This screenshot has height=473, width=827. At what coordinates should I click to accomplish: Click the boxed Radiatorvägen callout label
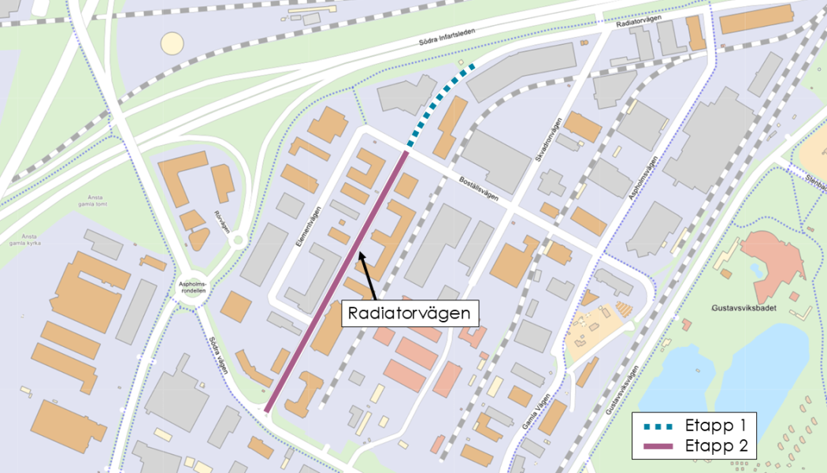coord(411,314)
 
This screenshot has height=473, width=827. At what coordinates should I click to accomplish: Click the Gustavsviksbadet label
coord(743,308)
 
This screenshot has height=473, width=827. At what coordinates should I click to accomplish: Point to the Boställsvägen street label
coord(479,189)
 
